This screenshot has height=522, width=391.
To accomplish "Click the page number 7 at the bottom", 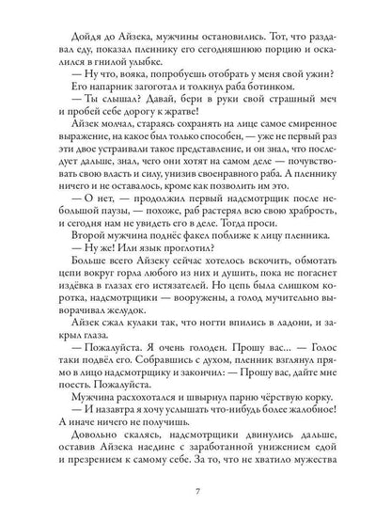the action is [195, 490].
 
